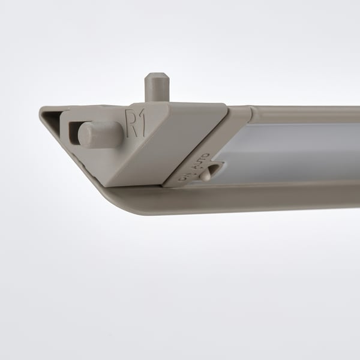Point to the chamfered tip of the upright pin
(156, 77)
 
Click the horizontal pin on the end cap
(101, 133)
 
